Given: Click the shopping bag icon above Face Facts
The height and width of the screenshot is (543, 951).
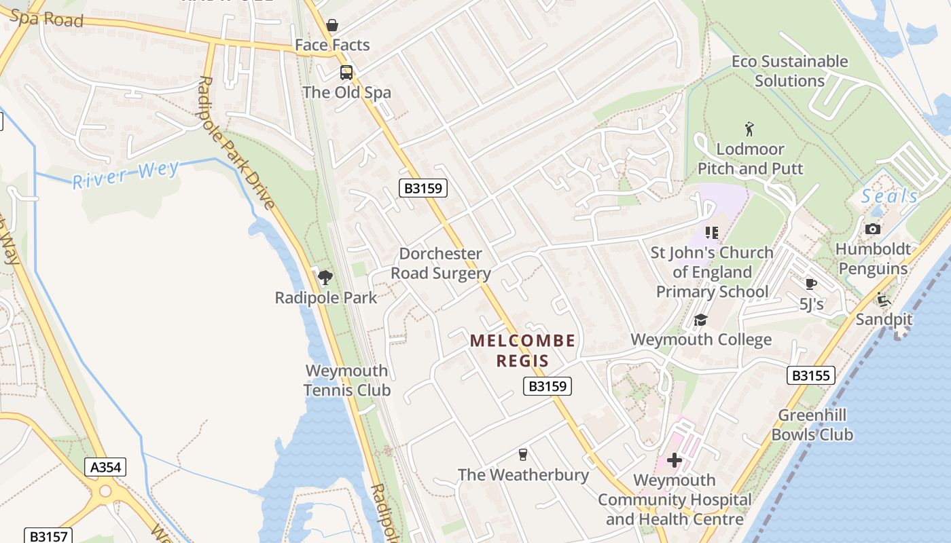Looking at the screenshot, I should point(332,25).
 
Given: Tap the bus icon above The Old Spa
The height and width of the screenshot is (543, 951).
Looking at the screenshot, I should point(346,72).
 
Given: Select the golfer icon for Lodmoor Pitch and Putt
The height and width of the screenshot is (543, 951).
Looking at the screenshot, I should point(750,129).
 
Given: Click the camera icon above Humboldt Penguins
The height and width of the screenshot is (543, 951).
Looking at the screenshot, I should point(873,229).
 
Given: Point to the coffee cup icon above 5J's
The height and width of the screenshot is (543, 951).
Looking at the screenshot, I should point(810,284).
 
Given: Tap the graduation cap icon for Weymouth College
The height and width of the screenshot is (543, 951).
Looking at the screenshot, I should point(700,320).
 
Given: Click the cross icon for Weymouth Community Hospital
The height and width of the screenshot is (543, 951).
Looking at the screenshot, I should point(675,461).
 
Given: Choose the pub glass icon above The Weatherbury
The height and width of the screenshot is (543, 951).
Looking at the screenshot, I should point(522,454).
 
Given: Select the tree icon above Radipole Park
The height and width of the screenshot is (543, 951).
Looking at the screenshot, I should point(325,277).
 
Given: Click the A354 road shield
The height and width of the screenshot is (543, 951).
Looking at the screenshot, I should point(105,467).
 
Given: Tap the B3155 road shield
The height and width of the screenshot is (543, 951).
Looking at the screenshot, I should point(811,375).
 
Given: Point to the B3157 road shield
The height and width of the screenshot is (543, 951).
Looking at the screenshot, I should point(47,536).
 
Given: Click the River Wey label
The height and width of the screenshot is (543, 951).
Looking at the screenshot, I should point(126,174).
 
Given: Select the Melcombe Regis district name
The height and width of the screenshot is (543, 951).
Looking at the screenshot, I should point(522,350).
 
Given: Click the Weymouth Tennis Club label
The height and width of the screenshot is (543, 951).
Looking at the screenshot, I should point(346,380).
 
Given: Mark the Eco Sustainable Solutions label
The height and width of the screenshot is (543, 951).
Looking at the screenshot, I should point(789,71).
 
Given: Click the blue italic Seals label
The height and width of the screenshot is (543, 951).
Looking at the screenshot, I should point(889,197).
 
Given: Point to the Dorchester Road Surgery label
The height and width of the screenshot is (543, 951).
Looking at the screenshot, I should point(444,263).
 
